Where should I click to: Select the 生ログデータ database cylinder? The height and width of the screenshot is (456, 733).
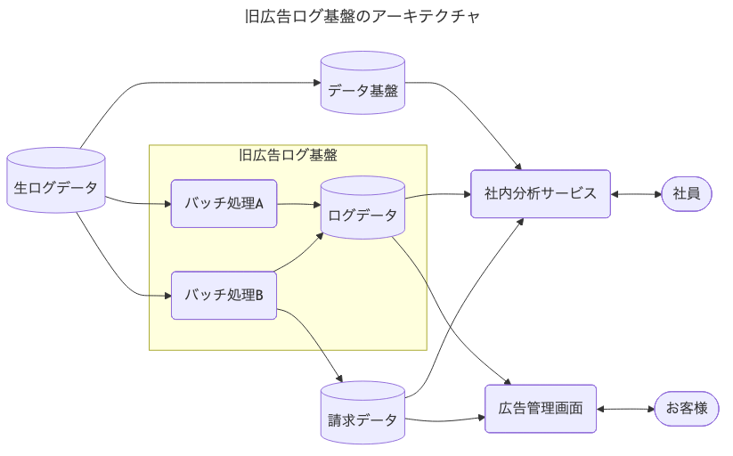56,181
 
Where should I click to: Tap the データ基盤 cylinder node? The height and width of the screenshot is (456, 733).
362,83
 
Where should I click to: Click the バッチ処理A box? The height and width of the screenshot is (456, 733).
224,203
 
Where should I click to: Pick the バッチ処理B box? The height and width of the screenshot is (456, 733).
224,295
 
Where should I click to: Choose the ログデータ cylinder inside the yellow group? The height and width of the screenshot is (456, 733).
362,208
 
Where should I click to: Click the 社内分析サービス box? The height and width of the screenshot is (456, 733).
541,193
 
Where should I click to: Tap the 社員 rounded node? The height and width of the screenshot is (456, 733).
687,193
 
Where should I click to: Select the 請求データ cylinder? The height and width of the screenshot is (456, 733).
362,411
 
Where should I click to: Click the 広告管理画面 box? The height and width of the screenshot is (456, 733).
541,409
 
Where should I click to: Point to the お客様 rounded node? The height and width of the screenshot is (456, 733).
686,409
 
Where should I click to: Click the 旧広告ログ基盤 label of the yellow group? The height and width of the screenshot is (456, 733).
288,155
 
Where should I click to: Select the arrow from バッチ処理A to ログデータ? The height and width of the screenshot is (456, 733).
298,204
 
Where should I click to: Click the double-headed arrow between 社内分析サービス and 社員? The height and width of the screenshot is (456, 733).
636,193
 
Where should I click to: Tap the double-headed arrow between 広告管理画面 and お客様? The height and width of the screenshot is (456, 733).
625,410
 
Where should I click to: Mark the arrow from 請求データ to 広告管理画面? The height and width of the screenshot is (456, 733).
445,419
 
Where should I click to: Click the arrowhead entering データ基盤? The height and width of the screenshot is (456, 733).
315,83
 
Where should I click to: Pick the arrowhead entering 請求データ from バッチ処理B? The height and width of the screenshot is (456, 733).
339,378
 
